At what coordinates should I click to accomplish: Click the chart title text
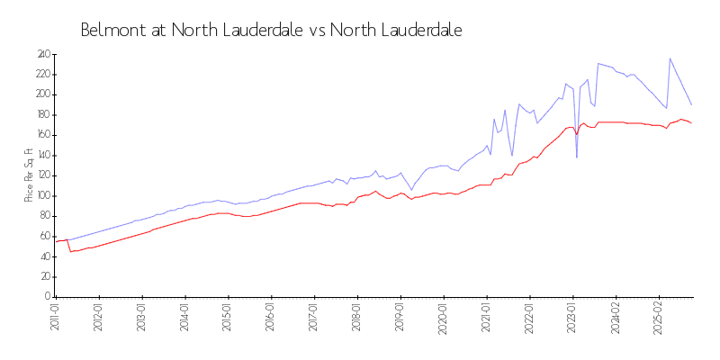point(271,31)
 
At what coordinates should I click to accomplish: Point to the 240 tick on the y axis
point(42,54)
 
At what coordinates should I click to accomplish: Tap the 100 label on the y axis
point(42,195)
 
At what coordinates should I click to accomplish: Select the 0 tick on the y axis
point(47,297)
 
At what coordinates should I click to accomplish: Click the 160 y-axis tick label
point(42,135)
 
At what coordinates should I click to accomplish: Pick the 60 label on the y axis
point(44,236)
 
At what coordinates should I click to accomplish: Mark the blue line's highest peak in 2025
point(670,58)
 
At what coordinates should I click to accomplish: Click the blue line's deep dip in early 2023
point(577,157)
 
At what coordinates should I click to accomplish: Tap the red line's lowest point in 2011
point(70,251)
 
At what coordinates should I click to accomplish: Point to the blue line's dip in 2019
point(412,189)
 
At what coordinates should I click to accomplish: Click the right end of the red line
point(691,122)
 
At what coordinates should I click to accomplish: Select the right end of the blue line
point(691,104)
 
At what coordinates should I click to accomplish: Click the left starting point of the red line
point(56,241)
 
